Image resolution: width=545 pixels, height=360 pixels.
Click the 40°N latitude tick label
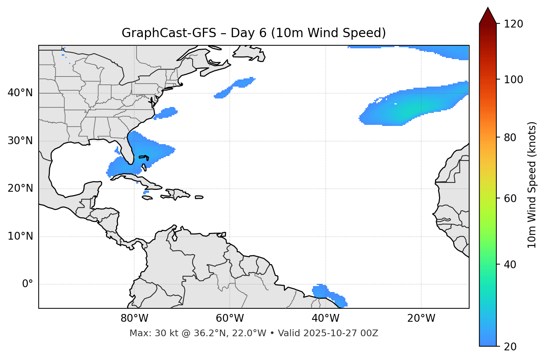point(20,93)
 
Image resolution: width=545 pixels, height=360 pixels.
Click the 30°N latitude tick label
point(20,141)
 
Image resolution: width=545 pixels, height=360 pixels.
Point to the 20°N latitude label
point(20,188)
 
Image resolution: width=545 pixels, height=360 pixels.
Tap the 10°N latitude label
point(20,236)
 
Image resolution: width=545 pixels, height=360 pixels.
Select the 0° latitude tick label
point(28,284)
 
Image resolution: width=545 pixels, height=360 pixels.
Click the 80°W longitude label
point(134,318)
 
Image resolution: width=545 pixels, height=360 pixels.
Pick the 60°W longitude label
point(230,318)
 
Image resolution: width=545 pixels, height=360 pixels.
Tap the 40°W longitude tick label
point(325,318)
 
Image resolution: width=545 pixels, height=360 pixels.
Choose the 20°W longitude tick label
point(421,318)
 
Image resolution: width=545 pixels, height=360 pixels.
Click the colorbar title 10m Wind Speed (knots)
point(532,185)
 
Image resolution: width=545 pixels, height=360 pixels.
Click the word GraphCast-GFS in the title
point(169,33)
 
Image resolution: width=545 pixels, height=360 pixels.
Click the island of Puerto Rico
point(199,197)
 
